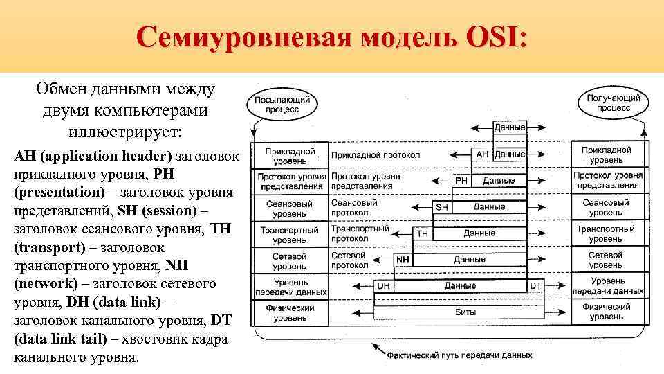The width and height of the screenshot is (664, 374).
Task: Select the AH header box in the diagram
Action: [482, 154]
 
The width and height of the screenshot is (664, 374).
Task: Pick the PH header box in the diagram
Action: [461, 180]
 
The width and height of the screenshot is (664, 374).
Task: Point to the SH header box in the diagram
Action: [442, 206]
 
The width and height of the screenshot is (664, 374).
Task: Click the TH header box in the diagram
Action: [422, 233]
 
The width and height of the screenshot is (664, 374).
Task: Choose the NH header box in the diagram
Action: [402, 260]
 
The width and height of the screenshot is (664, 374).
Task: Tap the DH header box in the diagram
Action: [383, 285]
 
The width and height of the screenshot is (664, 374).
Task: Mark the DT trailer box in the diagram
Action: [535, 285]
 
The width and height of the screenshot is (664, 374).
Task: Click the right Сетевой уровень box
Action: [605, 260]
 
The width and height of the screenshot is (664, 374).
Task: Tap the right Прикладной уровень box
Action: [605, 154]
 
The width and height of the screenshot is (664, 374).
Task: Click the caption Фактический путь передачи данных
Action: [459, 355]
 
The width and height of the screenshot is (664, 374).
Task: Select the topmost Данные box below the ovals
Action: [510, 127]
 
